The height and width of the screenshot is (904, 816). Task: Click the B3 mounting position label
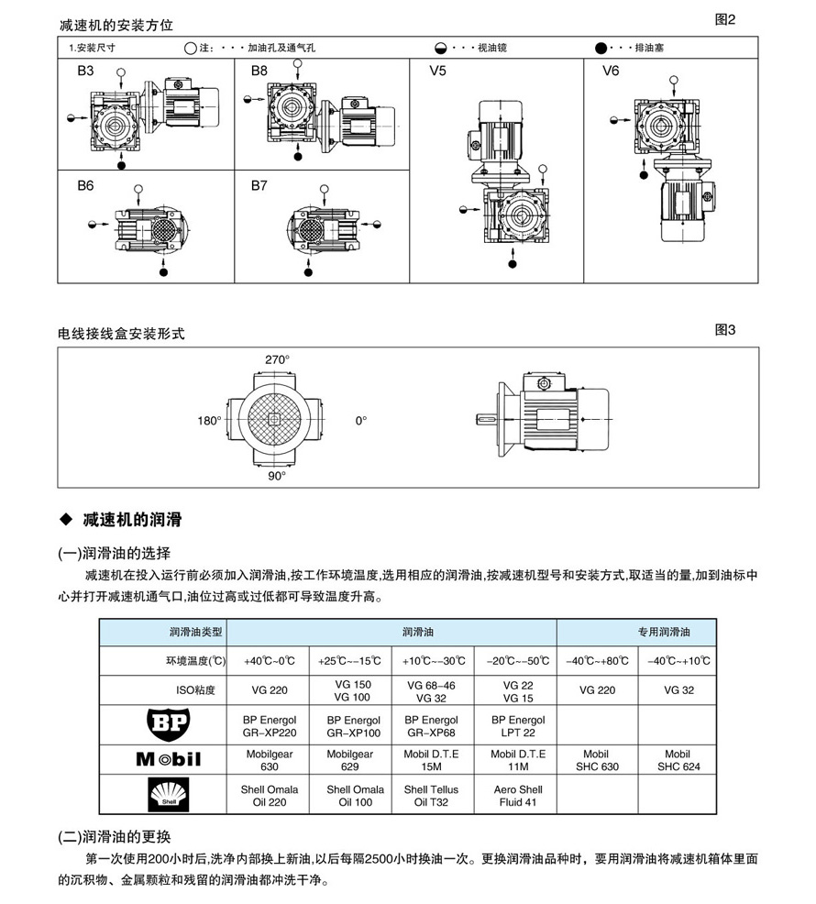coord(84,70)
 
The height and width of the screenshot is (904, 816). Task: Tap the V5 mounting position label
coord(438,71)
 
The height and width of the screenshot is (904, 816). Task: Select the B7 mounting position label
coord(259,185)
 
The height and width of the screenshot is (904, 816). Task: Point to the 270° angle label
coord(277,360)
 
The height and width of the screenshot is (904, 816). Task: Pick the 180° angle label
coord(210,421)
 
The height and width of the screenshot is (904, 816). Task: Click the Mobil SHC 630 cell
coord(596,760)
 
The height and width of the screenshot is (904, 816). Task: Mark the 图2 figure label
coord(724,19)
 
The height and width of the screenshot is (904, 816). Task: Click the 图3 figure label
coord(724,330)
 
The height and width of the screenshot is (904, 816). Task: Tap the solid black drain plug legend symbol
coord(601,46)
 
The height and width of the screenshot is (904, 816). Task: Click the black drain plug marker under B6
coord(164,271)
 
